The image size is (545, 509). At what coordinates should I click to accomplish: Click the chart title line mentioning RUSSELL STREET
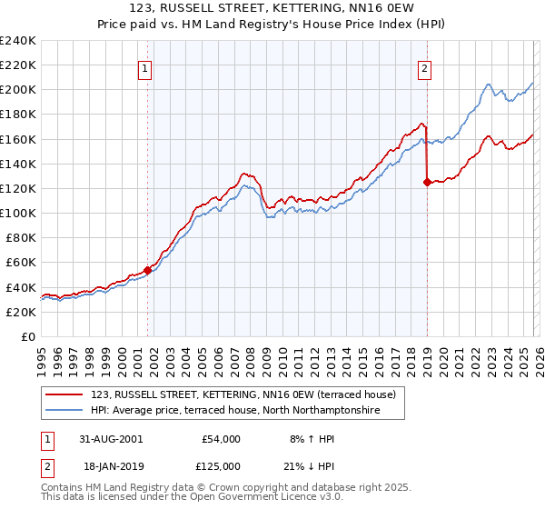pos(272,8)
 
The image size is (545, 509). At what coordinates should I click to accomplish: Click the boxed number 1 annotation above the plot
pos(145,66)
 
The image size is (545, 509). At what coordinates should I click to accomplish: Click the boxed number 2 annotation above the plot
pos(424,66)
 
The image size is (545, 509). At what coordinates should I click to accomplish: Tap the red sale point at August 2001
pos(148,270)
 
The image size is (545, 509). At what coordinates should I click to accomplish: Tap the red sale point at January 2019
pos(427,182)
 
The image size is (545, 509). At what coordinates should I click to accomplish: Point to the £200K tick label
pos(18,90)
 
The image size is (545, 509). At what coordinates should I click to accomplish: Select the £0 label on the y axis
pos(28,336)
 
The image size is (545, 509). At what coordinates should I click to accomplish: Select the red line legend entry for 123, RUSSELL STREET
pos(243,395)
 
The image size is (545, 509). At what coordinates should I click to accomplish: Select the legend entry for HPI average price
pos(234,411)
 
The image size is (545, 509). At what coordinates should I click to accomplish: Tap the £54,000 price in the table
pos(220,439)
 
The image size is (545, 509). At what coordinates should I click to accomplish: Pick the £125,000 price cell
pos(220,467)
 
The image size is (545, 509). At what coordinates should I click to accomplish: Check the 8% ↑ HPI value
pos(314,439)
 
